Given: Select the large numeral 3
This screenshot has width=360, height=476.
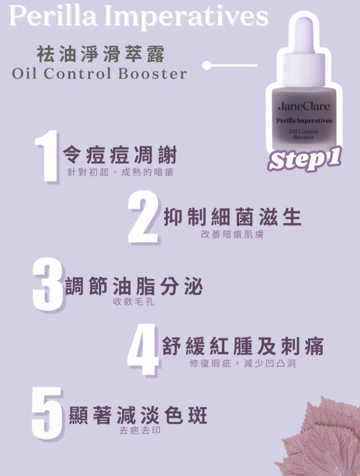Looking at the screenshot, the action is (x=47, y=284).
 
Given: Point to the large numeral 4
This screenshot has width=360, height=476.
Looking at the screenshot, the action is (x=142, y=350).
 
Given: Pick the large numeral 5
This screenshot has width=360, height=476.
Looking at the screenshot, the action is (x=47, y=413).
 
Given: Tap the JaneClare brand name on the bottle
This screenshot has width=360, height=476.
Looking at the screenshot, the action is (x=304, y=106).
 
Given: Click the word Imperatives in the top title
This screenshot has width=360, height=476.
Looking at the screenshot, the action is (x=186, y=18).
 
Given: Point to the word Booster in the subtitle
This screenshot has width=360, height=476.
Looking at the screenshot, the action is (x=152, y=73).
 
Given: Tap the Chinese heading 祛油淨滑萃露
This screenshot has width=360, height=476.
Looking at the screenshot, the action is (x=101, y=54).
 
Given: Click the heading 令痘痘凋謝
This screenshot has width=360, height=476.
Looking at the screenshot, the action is (x=120, y=155).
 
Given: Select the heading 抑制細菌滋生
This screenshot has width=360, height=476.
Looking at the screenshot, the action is (x=232, y=217).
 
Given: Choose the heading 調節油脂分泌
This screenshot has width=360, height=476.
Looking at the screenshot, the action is (x=134, y=286).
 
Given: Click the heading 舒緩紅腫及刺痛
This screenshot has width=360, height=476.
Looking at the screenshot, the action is (x=243, y=346).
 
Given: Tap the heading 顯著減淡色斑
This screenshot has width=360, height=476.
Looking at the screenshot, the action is (x=138, y=415).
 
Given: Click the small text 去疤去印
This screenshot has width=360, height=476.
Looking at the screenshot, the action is (x=140, y=430).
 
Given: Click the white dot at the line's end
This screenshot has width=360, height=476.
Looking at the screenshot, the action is (x=207, y=65).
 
